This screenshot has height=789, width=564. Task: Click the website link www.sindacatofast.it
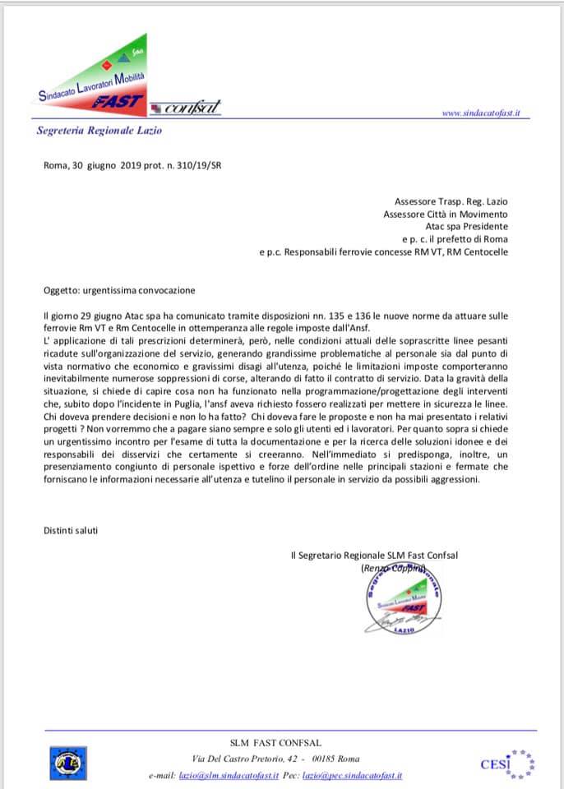coord(480,113)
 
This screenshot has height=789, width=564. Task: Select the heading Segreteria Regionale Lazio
coord(99,131)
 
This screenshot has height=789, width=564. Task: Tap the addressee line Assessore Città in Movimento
coord(446,214)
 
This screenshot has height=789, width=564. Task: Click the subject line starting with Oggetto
coord(119,290)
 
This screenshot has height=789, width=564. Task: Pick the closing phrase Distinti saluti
coord(71,530)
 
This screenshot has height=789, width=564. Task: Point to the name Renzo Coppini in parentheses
coord(393,568)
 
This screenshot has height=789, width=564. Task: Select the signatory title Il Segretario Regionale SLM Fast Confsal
coord(374,556)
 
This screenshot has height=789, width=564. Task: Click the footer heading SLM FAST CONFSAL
coord(281,743)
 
